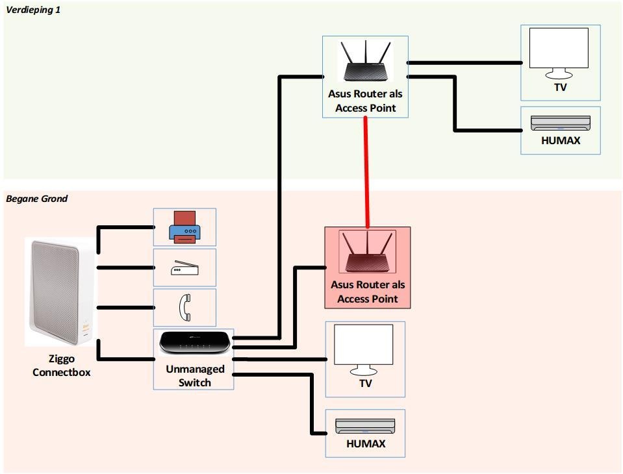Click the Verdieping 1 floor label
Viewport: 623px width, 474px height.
[x=33, y=10]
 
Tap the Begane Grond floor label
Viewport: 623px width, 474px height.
[x=37, y=199]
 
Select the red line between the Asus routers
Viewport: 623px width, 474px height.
[x=368, y=172]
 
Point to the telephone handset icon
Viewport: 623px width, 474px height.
[x=184, y=307]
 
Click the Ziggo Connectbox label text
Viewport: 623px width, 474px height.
[x=62, y=366]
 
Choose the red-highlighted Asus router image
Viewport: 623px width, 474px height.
[x=367, y=253]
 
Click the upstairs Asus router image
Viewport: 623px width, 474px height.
[x=365, y=62]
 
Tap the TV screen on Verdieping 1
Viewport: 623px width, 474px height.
[x=559, y=49]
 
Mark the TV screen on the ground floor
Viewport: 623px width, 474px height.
[x=363, y=347]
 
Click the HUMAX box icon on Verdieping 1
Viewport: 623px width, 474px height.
[x=560, y=123]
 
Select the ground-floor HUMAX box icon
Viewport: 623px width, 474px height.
[x=365, y=426]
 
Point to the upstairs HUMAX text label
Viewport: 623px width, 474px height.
[x=561, y=140]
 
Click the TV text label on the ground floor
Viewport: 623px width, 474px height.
[x=365, y=383]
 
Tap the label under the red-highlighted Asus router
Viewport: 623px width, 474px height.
[x=368, y=292]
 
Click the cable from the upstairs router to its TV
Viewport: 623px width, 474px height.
[x=464, y=63]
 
